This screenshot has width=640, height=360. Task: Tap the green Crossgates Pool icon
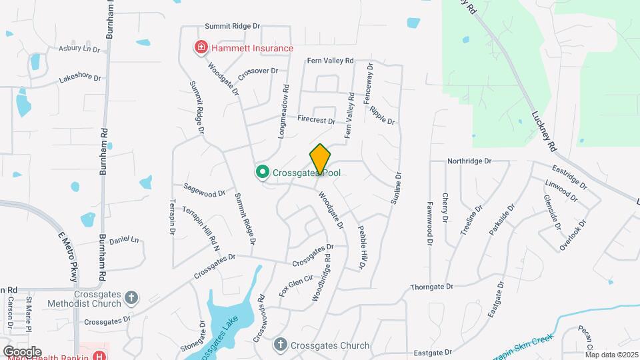click(x=263, y=173)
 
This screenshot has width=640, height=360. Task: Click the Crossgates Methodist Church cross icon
click(x=131, y=297)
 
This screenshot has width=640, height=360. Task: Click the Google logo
click(x=22, y=351)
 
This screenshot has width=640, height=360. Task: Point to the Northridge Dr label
click(x=469, y=161)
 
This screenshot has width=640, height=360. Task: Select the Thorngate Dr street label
click(x=431, y=287)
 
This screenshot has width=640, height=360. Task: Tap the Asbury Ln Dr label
click(x=79, y=49)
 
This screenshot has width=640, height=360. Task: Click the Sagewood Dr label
click(x=204, y=193)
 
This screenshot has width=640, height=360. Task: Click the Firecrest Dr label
click(x=316, y=121)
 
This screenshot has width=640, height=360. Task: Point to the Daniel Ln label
click(x=123, y=240)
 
